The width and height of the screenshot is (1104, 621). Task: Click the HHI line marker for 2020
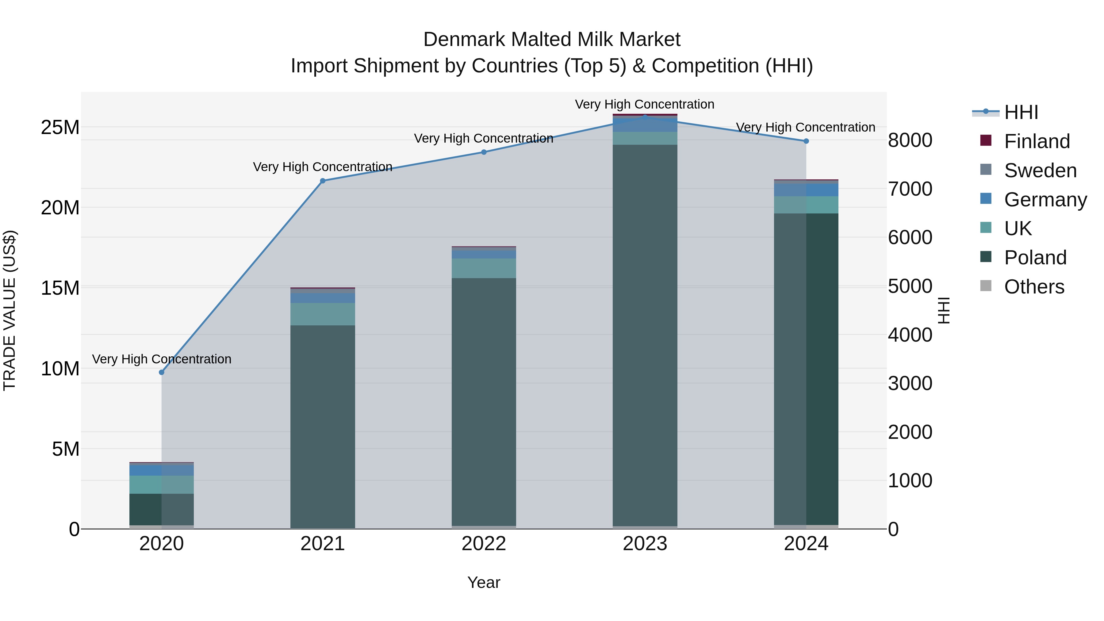click(x=162, y=372)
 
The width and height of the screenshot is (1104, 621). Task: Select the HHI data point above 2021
click(x=323, y=181)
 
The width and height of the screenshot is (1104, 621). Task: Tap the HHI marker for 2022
click(x=484, y=152)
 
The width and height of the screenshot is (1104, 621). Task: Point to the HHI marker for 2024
click(x=806, y=141)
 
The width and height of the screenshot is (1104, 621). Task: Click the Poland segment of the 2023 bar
click(x=645, y=334)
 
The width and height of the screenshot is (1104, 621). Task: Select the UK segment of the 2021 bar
click(x=323, y=314)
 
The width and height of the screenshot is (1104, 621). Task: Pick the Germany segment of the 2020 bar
click(x=162, y=470)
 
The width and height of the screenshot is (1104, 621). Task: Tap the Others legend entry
click(x=1034, y=287)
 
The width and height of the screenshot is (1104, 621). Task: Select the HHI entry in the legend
click(x=1021, y=112)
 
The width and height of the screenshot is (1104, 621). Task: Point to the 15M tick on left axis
click(x=60, y=288)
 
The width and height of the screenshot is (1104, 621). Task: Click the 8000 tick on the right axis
click(x=910, y=140)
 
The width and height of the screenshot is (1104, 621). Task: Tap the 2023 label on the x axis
click(x=645, y=544)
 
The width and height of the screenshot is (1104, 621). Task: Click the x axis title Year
click(x=484, y=582)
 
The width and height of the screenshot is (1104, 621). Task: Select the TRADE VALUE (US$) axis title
click(x=10, y=310)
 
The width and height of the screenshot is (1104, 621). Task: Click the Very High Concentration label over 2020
click(x=162, y=359)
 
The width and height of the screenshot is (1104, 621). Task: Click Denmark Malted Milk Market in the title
click(x=552, y=40)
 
